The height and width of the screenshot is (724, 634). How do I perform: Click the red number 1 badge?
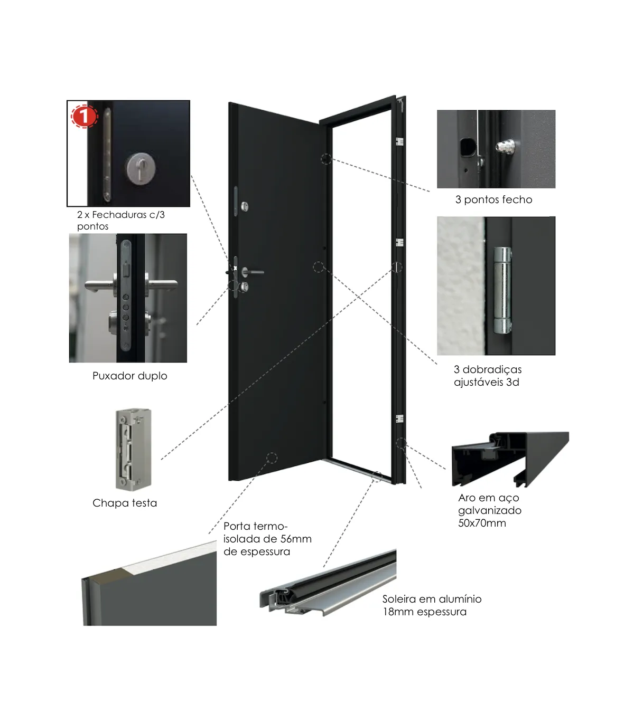pyautogui.click(x=85, y=117)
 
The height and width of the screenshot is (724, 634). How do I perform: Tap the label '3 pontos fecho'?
pyautogui.click(x=494, y=200)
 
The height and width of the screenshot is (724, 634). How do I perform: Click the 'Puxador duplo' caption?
pyautogui.click(x=129, y=376)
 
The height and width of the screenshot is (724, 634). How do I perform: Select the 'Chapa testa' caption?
pyautogui.click(x=125, y=503)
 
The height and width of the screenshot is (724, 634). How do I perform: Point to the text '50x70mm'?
pyautogui.click(x=482, y=523)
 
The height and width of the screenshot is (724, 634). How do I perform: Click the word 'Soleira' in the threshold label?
pyautogui.click(x=399, y=599)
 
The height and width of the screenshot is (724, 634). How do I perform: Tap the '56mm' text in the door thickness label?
pyautogui.click(x=296, y=539)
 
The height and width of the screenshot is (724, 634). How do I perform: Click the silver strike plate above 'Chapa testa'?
pyautogui.click(x=134, y=450)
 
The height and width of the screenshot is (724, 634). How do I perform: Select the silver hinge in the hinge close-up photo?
pyautogui.click(x=502, y=291)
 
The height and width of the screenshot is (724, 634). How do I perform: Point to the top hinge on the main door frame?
pyautogui.click(x=399, y=141)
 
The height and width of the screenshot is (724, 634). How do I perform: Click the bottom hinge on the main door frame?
pyautogui.click(x=399, y=418)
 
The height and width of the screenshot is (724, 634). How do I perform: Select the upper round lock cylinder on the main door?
pyautogui.click(x=245, y=206)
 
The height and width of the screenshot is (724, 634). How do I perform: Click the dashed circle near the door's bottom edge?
pyautogui.click(x=272, y=458)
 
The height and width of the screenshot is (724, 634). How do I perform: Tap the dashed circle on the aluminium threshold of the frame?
pyautogui.click(x=377, y=477)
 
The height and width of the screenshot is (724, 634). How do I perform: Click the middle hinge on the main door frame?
pyautogui.click(x=399, y=242)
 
